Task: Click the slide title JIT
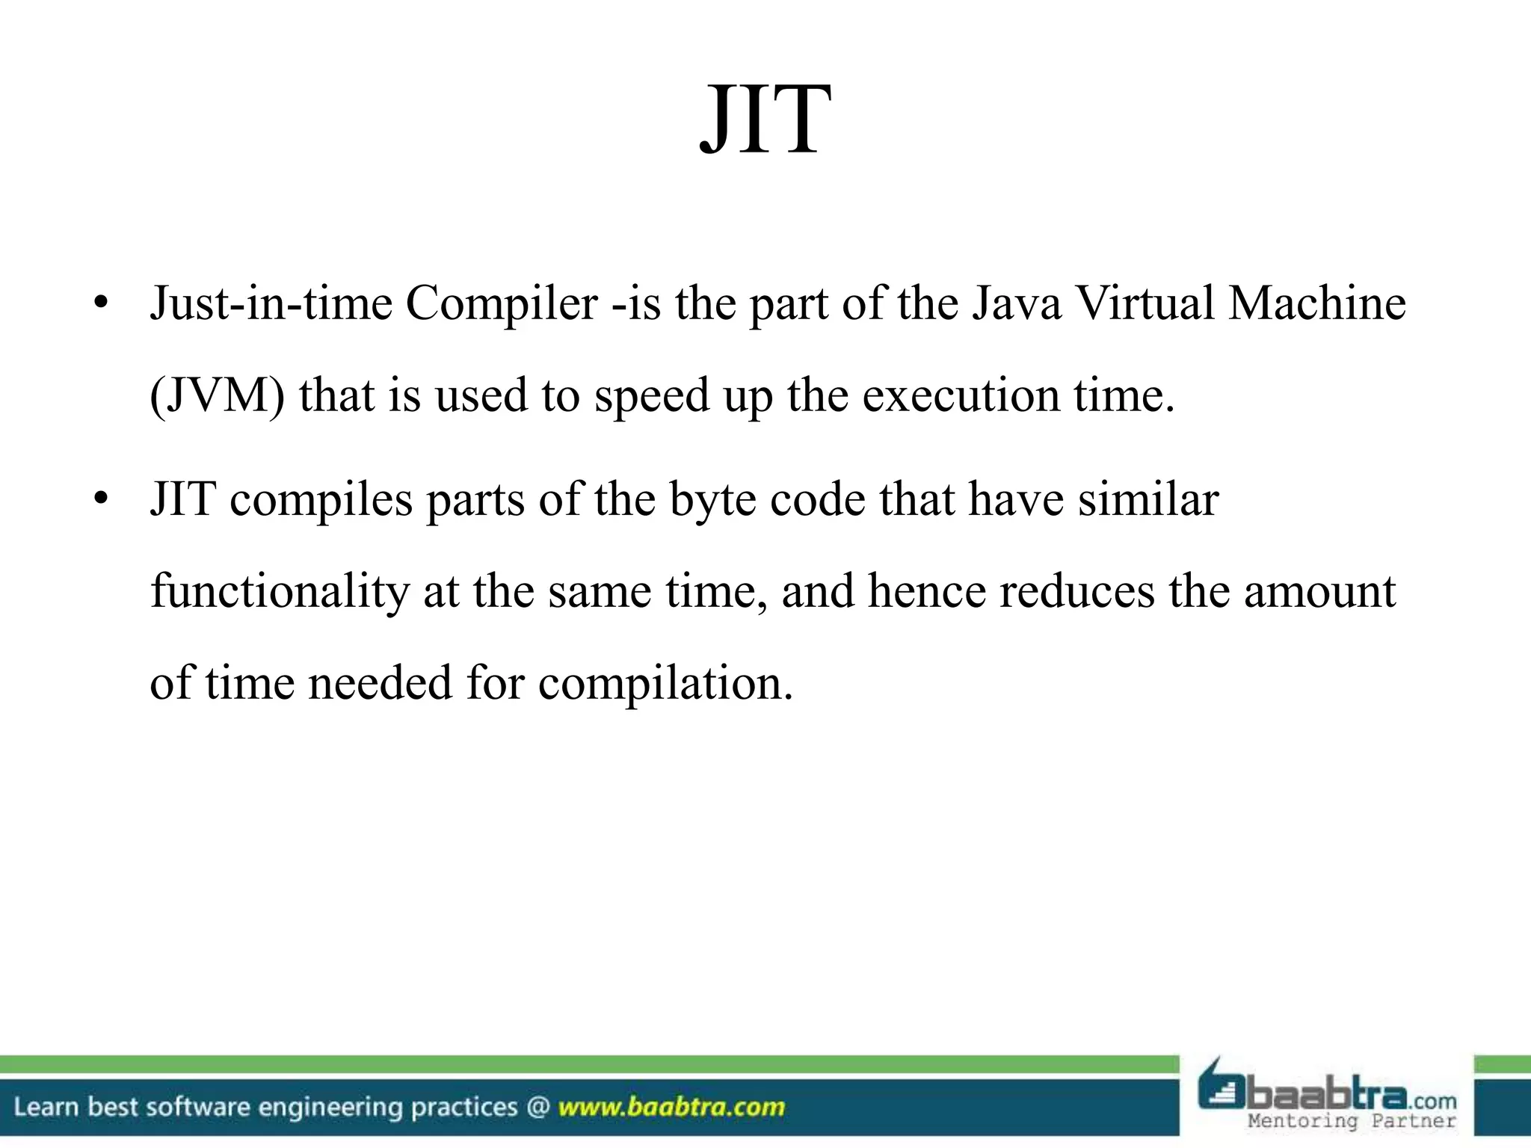[x=765, y=120]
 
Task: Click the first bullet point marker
[x=102, y=304]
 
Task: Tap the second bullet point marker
[x=102, y=499]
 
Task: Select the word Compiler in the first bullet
[x=502, y=304]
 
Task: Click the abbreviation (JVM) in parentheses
[x=217, y=395]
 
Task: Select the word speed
[x=651, y=397]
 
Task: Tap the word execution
[x=961, y=395]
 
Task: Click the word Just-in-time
[x=271, y=304]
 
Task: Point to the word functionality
[x=280, y=592]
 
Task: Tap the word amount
[x=1319, y=592]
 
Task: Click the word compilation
[x=665, y=684]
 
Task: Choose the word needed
[x=380, y=682]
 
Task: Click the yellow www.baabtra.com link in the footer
[x=671, y=1107]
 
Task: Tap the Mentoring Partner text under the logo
[x=1352, y=1121]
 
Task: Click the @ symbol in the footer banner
[x=537, y=1107]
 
